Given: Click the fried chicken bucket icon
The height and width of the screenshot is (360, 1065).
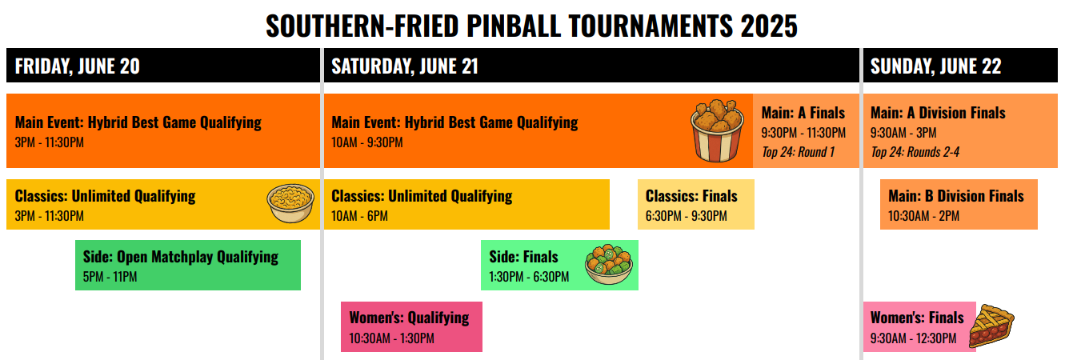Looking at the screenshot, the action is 718,130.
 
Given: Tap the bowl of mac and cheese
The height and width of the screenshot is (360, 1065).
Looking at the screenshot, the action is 290,203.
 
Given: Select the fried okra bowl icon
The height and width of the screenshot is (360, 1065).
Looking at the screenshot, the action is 609,265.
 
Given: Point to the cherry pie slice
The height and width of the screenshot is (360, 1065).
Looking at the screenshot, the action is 991,326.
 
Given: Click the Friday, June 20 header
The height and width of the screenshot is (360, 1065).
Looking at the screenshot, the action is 78,66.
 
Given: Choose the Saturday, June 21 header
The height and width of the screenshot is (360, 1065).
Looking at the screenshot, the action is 405,66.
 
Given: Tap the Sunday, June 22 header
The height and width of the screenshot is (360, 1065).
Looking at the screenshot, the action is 935,66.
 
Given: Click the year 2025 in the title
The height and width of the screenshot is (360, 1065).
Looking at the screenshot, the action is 769,26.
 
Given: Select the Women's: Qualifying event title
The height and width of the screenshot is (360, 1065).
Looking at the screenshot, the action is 410,318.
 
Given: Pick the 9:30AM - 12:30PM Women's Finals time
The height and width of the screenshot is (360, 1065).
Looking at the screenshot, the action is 913,338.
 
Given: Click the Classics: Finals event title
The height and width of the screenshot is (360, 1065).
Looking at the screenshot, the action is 691,196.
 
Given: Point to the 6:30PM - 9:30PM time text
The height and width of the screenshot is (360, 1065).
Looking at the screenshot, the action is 686,216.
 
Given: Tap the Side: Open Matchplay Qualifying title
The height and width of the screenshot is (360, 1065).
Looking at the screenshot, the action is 181,257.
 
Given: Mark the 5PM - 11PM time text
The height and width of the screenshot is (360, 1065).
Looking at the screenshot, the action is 110,277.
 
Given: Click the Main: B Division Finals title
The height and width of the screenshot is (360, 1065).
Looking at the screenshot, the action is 956,196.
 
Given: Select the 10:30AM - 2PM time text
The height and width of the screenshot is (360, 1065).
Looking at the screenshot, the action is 924,216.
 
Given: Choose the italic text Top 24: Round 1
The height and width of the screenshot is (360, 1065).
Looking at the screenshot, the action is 799,152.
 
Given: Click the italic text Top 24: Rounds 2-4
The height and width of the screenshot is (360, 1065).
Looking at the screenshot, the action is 915,152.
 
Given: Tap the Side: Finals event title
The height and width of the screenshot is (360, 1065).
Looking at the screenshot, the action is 523,257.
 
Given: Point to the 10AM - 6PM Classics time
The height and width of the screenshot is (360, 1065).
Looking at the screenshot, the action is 359,216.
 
